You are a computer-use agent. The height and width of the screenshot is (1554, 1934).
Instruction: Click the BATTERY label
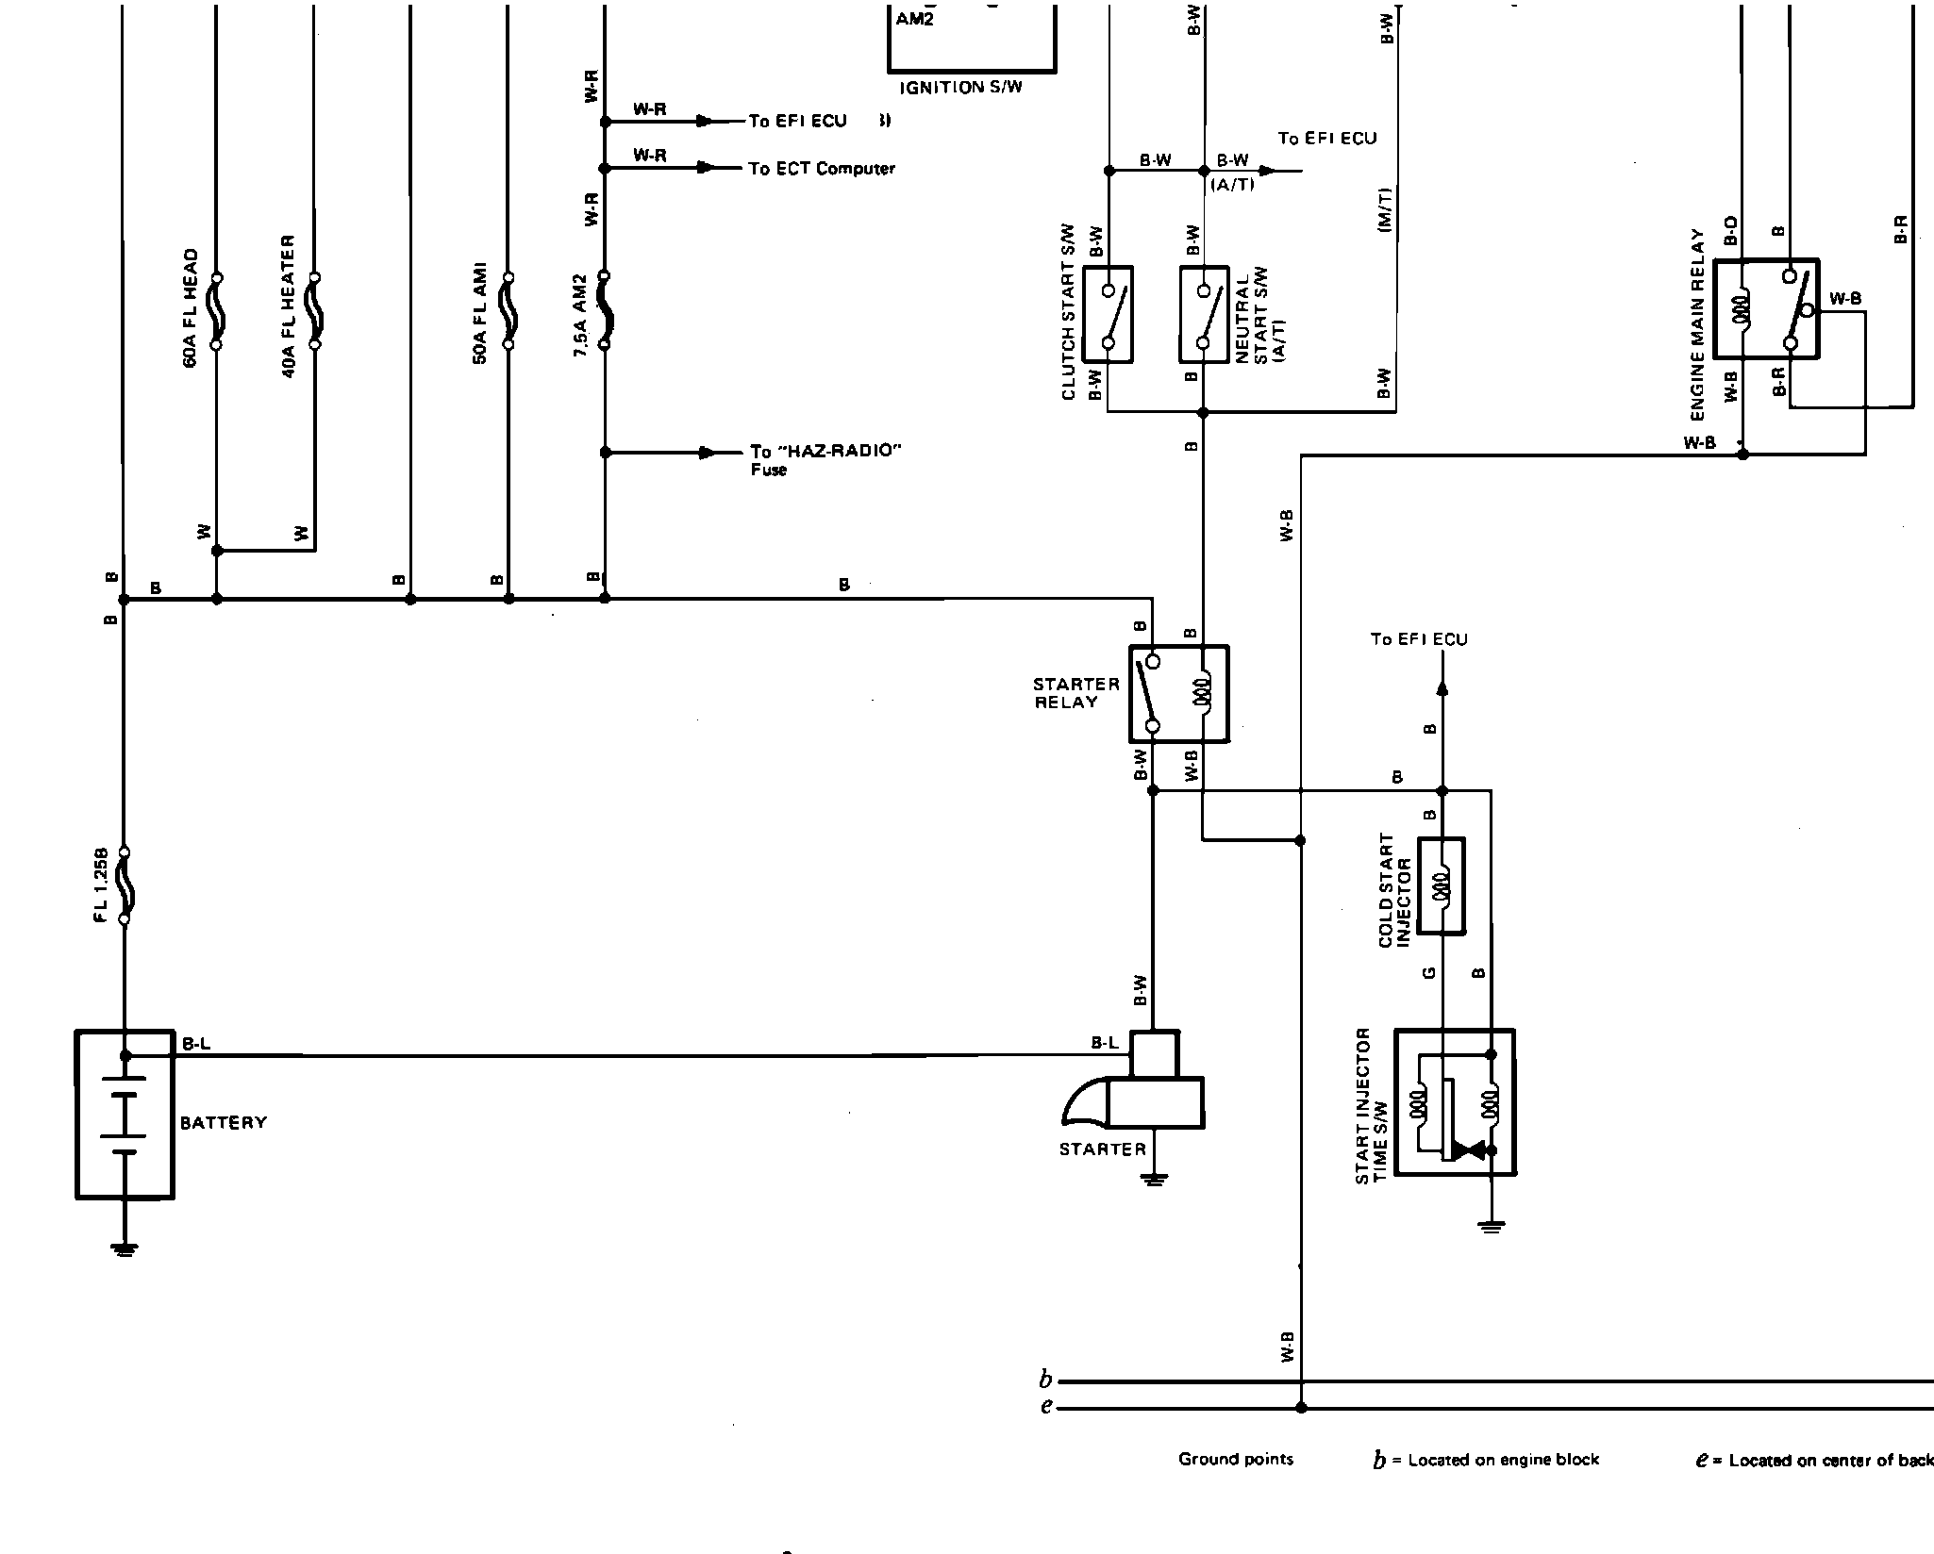(224, 1122)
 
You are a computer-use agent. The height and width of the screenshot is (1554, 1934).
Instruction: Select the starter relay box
(1178, 694)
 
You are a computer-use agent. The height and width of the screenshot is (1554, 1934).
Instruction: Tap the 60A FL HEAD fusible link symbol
(216, 311)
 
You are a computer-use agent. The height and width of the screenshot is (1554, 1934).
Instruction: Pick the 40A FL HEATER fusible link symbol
(315, 311)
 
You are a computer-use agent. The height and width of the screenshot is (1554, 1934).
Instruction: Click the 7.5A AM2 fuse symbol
(605, 311)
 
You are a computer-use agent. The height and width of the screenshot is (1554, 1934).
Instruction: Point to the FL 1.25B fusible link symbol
(124, 885)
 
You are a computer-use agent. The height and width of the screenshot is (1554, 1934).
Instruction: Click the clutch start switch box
(1108, 314)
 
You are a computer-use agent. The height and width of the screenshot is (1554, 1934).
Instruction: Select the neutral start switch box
(1204, 314)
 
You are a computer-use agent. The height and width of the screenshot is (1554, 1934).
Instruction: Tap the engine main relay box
(1766, 309)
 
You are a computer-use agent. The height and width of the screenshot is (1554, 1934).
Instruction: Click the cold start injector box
(1442, 886)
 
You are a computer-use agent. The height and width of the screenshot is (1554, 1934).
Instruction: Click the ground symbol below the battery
(124, 1248)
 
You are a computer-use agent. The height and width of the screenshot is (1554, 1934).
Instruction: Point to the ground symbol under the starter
(1153, 1178)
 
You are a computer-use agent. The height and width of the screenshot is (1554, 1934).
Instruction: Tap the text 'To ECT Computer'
(821, 169)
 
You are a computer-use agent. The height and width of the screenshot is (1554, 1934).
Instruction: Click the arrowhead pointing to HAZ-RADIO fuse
(707, 453)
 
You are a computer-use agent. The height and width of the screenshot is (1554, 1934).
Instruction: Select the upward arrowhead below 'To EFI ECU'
(1442, 688)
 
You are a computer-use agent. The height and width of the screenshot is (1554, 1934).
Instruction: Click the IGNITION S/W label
(961, 88)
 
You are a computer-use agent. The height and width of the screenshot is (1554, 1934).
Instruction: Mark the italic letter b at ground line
(1045, 1380)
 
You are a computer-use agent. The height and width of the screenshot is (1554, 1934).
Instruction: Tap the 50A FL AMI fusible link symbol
(509, 311)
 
